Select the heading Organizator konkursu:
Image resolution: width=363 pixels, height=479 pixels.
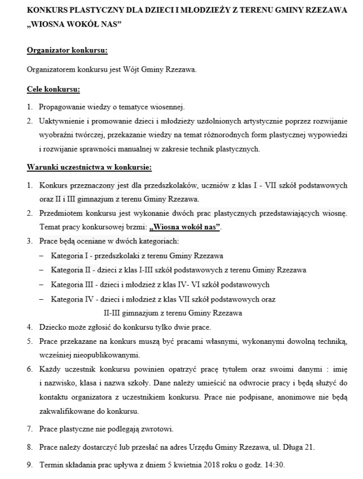pyautogui.click(x=67, y=50)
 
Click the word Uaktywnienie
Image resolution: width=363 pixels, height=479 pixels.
pyautogui.click(x=61, y=121)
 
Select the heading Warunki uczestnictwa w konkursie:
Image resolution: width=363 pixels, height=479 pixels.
pyautogui.click(x=88, y=167)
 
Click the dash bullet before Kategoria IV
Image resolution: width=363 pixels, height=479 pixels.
pyautogui.click(x=41, y=299)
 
